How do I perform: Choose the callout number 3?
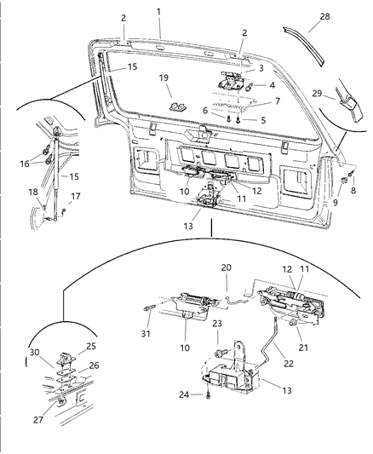tap(261, 67)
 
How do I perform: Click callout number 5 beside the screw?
tap(261, 120)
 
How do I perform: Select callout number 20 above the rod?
tap(227, 267)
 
